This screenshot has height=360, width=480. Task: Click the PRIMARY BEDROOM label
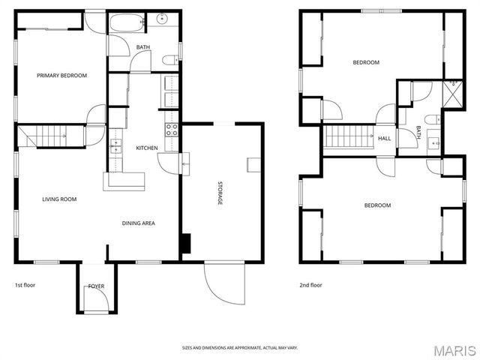coord(61,76)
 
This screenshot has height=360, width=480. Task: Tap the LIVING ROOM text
coord(59,199)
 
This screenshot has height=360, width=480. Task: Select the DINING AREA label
coord(138,223)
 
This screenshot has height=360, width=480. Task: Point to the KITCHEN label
coord(147,148)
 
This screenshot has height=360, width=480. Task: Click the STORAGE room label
coord(220,193)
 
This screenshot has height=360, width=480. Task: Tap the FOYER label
coord(96,286)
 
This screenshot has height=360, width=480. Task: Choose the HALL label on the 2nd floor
coord(385,138)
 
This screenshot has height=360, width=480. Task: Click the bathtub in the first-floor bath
coord(127,22)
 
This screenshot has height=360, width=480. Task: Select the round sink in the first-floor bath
coord(162,19)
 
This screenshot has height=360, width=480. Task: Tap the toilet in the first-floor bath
coord(170,60)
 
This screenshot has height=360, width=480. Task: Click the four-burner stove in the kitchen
coord(172,130)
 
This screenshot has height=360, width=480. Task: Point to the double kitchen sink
coord(116,146)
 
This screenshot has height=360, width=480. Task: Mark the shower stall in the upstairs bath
coord(453,94)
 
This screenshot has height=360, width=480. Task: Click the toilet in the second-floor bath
coord(433,119)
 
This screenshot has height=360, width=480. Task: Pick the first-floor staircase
coord(50,136)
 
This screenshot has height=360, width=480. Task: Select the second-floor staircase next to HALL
coord(349,136)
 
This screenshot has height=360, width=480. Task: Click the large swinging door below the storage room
coord(225,283)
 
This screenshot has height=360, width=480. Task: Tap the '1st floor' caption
coord(25,285)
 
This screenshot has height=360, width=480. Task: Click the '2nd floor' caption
coord(310,285)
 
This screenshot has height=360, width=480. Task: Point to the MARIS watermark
coord(454,351)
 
